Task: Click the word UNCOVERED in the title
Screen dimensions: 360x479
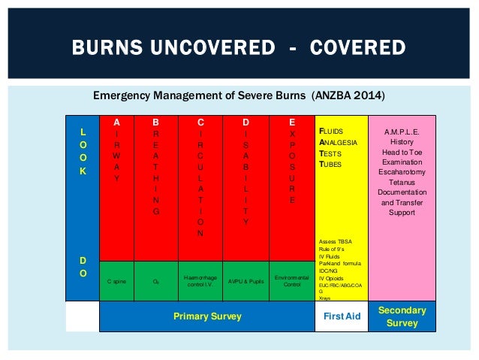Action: point(218,49)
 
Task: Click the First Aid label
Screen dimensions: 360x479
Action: point(342,316)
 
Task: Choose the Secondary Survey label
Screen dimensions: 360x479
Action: point(402,316)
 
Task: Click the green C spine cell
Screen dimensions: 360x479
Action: point(116,280)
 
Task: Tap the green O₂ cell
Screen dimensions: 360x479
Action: point(155,280)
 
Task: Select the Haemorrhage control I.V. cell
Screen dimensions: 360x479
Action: point(200,280)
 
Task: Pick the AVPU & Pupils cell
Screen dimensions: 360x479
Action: point(246,280)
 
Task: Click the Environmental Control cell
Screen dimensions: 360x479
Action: point(292,280)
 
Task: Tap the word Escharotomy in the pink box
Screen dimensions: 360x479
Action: point(402,171)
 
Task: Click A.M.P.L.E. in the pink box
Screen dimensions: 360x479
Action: point(402,131)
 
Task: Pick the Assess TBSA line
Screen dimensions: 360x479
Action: point(336,242)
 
